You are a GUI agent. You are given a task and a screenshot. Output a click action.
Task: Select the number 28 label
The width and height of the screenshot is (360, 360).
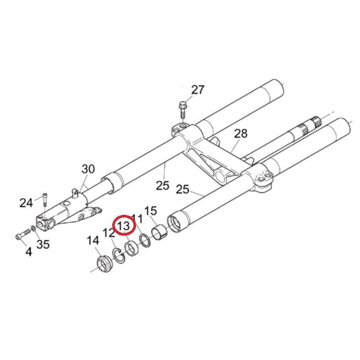pos(241,133)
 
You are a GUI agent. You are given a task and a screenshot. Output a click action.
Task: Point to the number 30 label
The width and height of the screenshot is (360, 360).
pos(88,169)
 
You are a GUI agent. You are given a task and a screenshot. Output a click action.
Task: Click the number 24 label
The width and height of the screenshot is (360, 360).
pos(26,203)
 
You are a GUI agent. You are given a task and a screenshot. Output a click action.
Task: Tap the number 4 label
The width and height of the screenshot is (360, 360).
pos(28,251)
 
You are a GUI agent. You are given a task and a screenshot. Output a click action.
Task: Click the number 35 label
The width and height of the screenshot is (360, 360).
pos(43,245)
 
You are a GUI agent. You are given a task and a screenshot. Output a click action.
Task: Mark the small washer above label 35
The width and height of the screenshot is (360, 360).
pos(33,230)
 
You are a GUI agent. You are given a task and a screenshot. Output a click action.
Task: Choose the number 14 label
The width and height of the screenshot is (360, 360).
pos(93,241)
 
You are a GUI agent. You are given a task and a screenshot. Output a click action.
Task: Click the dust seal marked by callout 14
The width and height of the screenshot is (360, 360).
pos(105,265)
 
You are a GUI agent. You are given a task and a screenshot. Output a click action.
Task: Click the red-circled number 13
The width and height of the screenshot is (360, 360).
pos(124,224)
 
